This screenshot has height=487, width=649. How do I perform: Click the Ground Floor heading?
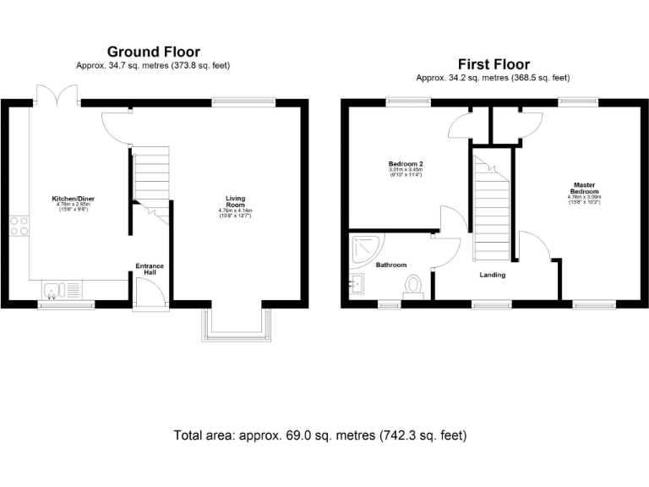[x=152, y=51]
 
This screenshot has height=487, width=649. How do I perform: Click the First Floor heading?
[x=494, y=63]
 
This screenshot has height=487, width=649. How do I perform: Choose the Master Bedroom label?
[x=585, y=189]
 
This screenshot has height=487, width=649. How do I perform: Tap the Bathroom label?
[x=392, y=265]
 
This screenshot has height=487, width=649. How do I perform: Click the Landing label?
[x=493, y=275]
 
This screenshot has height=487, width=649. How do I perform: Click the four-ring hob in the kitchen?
[x=18, y=226]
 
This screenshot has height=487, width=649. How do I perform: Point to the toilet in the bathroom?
[x=413, y=287]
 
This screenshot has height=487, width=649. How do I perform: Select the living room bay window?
[x=236, y=325]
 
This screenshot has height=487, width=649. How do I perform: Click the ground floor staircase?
[x=151, y=178]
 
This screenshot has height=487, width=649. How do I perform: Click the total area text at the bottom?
[x=319, y=435]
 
